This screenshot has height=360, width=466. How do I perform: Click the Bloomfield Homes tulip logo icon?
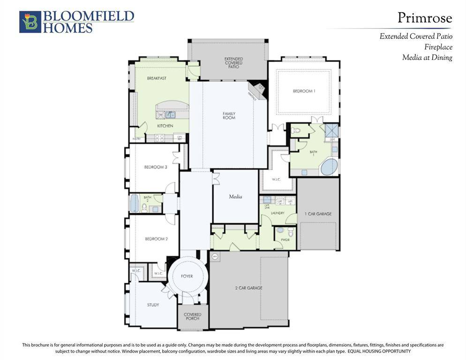pyautogui.click(x=30, y=22)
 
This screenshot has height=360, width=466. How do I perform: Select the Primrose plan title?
pyautogui.click(x=425, y=18)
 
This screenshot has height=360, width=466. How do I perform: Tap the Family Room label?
pyautogui.click(x=229, y=115)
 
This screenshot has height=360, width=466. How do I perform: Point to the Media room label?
pyautogui.click(x=235, y=197)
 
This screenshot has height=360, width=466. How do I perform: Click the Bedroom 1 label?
pyautogui.click(x=304, y=91)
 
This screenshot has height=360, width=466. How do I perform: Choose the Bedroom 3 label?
pyautogui.click(x=156, y=167)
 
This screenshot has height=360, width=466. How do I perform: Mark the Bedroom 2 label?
pyautogui.click(x=156, y=239)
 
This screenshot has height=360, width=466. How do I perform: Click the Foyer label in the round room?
pyautogui.click(x=187, y=276)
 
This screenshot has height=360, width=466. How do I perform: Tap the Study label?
pyautogui.click(x=153, y=305)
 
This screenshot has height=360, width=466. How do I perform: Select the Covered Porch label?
pyautogui.click(x=192, y=316)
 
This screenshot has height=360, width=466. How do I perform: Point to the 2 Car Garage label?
pyautogui.click(x=248, y=288)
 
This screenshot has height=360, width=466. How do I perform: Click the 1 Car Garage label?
pyautogui.click(x=318, y=214)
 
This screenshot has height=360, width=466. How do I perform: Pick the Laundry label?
pyautogui.click(x=278, y=213)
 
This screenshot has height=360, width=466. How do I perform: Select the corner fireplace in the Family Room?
pyautogui.click(x=257, y=89)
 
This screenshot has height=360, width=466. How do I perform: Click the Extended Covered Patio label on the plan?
pyautogui.click(x=233, y=63)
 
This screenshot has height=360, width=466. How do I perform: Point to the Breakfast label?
pyautogui.click(x=157, y=78)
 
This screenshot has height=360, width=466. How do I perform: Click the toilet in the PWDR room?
pyautogui.click(x=281, y=230)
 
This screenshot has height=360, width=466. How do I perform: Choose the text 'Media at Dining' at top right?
pyautogui.click(x=427, y=58)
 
